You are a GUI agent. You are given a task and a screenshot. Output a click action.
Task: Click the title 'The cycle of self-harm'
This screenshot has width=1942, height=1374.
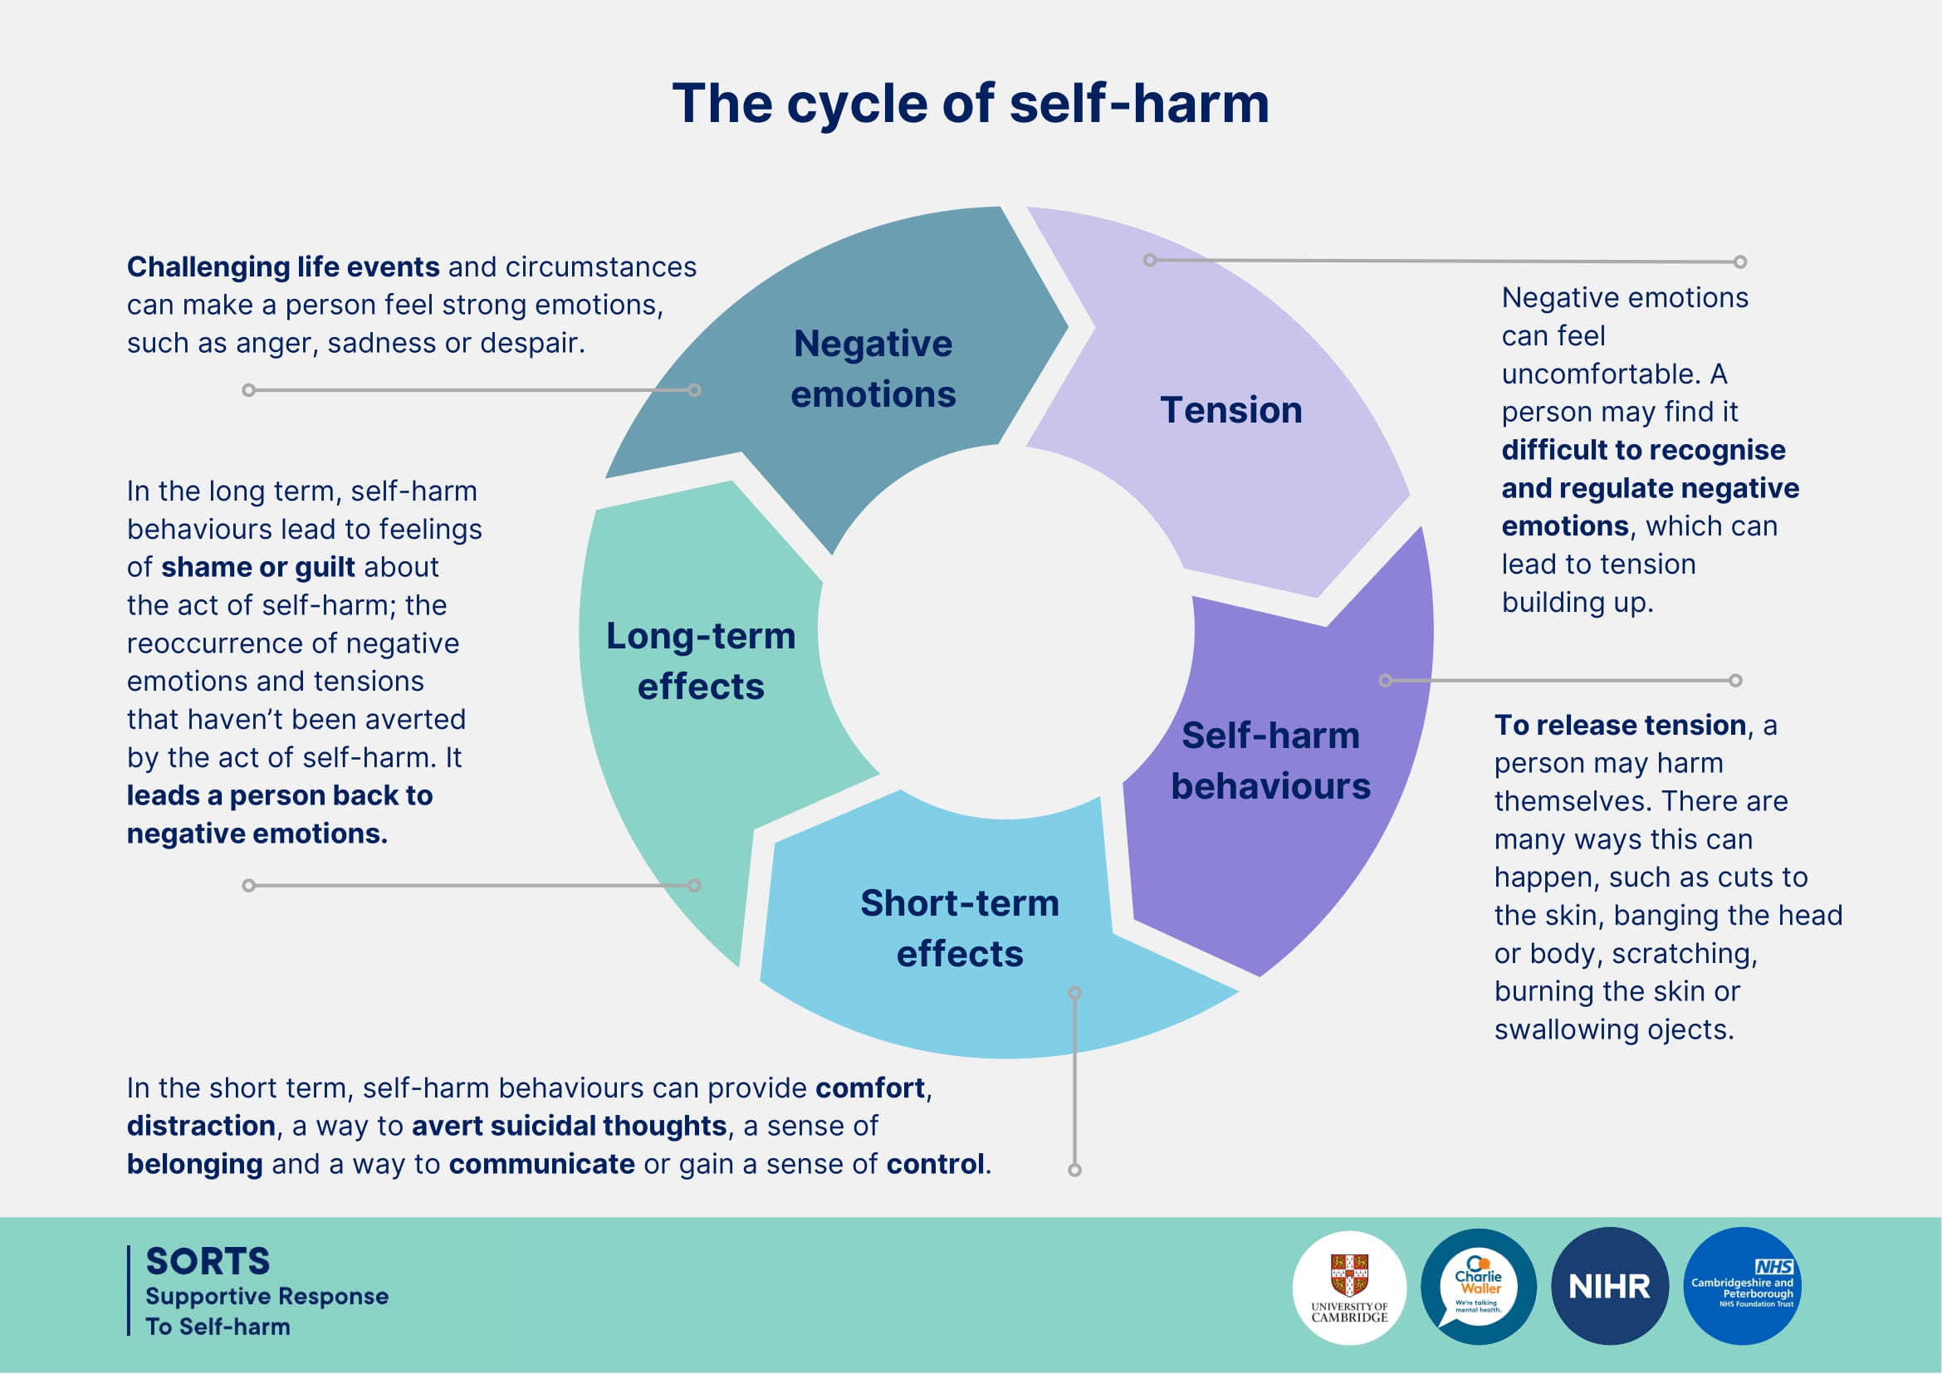coord(970,104)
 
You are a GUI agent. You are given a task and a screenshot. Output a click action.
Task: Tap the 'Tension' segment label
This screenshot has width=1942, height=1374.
coord(1230,410)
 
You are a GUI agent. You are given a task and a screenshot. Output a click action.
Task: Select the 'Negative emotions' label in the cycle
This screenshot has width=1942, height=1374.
coord(873,369)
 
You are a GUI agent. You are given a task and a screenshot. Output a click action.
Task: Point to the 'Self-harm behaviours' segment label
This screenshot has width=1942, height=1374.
coord(1270,760)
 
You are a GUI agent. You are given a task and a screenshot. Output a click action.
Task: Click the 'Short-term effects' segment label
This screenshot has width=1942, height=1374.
coord(960,928)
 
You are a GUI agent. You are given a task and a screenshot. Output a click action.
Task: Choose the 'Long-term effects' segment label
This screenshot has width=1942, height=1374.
coord(701,661)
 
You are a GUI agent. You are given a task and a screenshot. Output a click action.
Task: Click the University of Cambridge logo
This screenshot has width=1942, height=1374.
coord(1349,1287)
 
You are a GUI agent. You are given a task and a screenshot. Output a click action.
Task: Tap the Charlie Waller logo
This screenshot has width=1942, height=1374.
coord(1477,1287)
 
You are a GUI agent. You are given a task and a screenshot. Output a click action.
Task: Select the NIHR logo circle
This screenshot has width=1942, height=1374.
coord(1608,1287)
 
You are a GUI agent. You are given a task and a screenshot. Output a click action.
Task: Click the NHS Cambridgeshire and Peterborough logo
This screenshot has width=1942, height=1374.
coord(1741,1287)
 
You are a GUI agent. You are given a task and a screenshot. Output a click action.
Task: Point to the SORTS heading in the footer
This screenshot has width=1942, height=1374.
coord(208,1261)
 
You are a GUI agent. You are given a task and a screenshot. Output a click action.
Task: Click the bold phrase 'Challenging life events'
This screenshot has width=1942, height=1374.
coord(282,267)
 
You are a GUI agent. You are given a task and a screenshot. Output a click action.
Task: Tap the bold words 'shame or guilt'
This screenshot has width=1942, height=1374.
coord(258,567)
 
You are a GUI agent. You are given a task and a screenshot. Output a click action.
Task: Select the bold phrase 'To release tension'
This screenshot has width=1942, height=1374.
coord(1620,725)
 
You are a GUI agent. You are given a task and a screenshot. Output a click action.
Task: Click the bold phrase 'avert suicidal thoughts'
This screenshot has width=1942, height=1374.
coord(569,1126)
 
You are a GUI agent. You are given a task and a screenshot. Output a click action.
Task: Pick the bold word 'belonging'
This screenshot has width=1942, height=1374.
coord(194,1164)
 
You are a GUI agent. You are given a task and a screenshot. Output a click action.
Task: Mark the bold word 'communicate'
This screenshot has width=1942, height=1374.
coord(541,1164)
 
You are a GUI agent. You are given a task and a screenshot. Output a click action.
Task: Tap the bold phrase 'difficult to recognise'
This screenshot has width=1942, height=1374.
coord(1643,450)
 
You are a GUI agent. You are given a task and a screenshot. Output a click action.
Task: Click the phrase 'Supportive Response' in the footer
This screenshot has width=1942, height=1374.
coord(267,1296)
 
